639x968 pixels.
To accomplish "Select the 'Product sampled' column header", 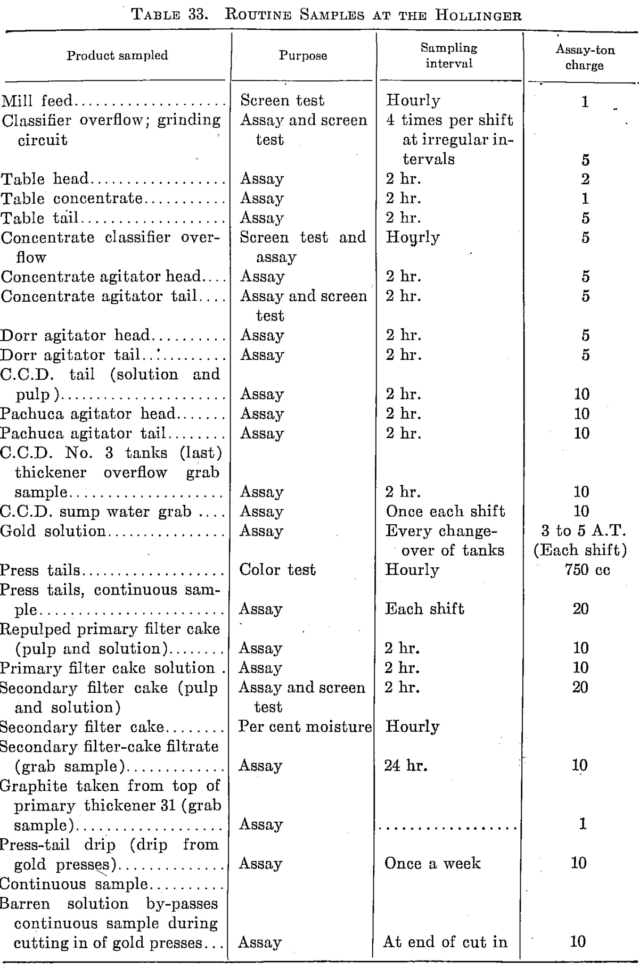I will (117, 55).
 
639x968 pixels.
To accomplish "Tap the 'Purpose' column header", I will (303, 55).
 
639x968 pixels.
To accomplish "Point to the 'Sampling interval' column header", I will (449, 55).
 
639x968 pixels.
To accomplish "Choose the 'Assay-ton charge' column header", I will (585, 57).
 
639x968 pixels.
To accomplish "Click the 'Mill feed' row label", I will (37, 101).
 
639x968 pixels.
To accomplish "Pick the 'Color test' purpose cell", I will (277, 570).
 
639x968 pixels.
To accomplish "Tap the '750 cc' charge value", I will (585, 570).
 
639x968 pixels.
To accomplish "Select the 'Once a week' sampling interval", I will (432, 863).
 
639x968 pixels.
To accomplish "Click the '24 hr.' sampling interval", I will (406, 766).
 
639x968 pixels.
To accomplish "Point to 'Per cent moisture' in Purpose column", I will (305, 726).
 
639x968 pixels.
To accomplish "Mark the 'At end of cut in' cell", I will (445, 942).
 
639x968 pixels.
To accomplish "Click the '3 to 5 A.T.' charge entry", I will (584, 531).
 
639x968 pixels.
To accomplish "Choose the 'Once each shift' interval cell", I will (445, 511).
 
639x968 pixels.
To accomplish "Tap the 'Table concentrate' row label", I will (71, 198).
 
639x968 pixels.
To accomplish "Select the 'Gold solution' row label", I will (53, 531).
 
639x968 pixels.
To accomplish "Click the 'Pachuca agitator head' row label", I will (87, 413).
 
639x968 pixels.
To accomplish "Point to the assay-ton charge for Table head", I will (585, 179).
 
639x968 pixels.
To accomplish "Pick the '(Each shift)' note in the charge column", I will (580, 550).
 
